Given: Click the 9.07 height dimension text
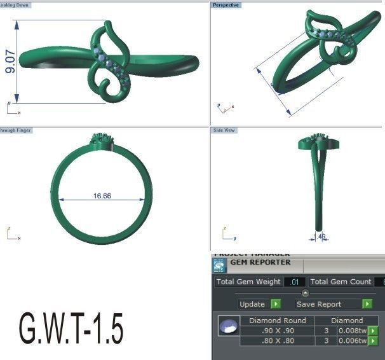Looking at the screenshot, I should tap(11, 60).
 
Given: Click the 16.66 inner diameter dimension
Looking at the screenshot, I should tap(102, 196).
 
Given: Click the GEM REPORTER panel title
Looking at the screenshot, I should tap(260, 262).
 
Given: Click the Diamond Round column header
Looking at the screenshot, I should tap(277, 321).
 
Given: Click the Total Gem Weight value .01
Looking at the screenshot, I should tap(295, 282).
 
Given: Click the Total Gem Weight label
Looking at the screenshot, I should tap(248, 282).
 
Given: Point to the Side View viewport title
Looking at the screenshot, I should tap(224, 130).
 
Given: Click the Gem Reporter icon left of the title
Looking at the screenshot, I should tap(219, 266).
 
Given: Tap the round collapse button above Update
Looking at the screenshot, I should tap(305, 293).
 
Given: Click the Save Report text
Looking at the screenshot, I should tap(318, 304).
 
